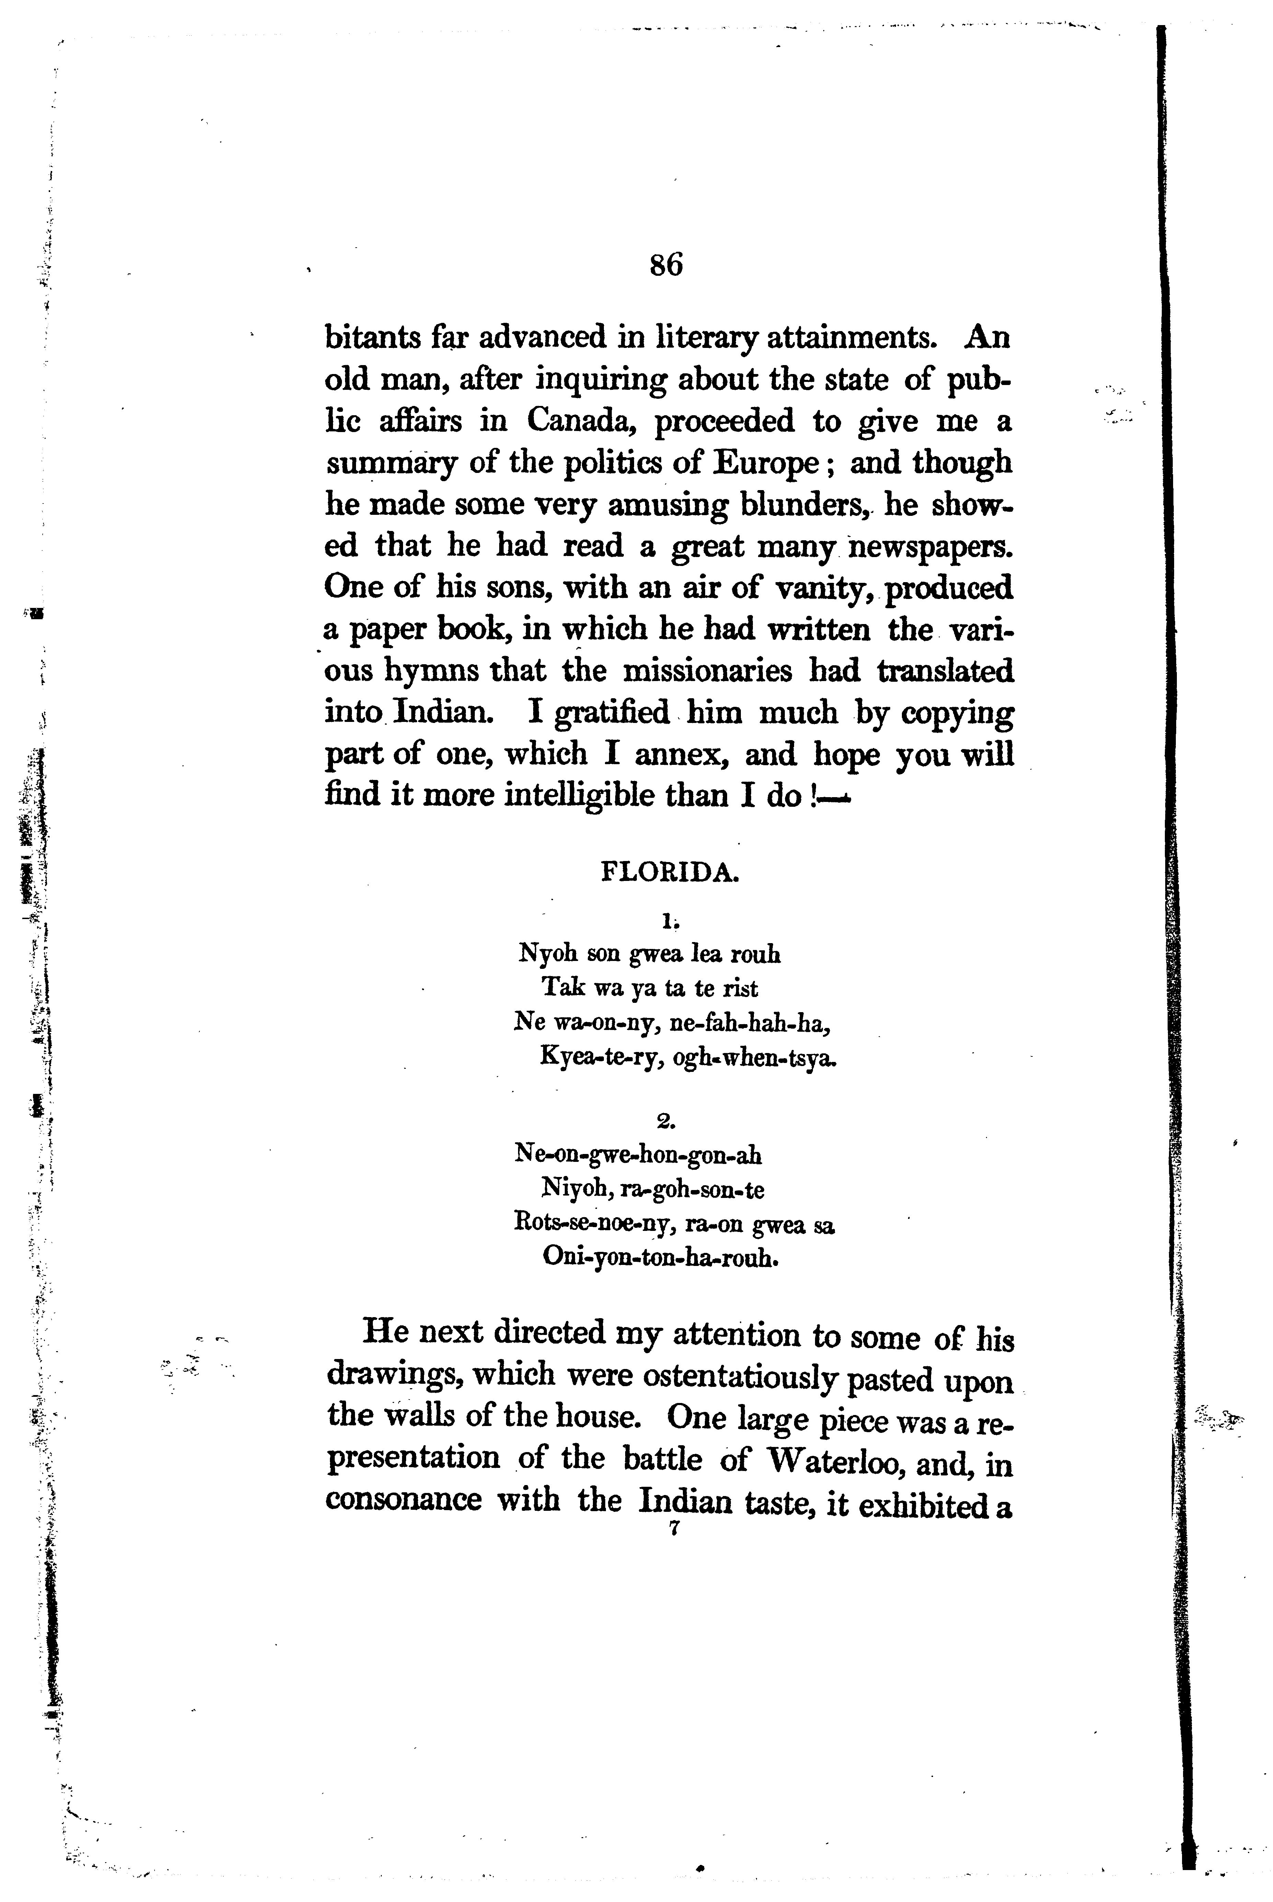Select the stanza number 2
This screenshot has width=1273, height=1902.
click(666, 1122)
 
